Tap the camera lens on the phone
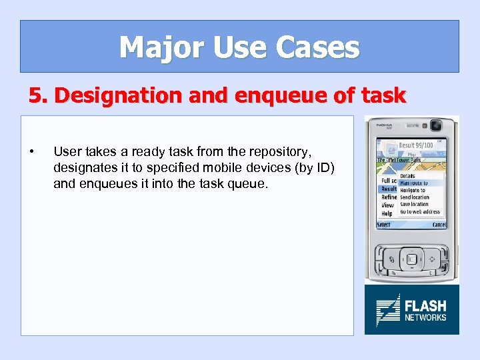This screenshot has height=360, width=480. click(x=436, y=125)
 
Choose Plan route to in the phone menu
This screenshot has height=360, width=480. click(x=414, y=183)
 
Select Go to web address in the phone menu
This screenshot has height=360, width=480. click(x=420, y=212)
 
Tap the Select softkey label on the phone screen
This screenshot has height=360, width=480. click(x=384, y=225)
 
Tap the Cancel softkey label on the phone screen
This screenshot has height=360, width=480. click(x=439, y=225)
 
